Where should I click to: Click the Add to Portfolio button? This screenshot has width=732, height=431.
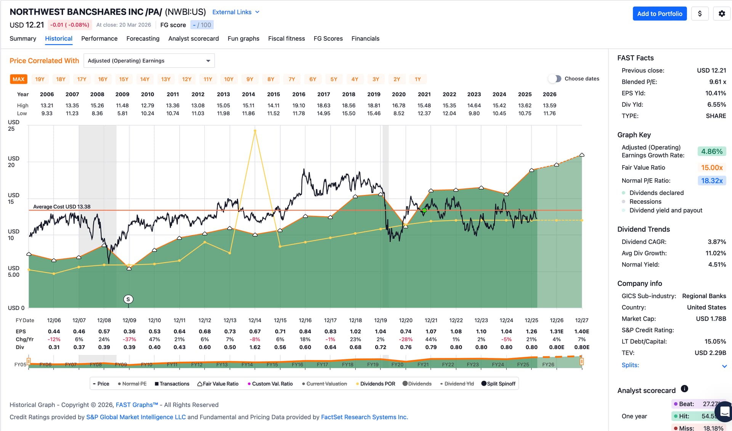click(660, 14)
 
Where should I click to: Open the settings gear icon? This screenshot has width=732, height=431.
click(722, 14)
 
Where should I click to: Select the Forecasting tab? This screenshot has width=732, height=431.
click(143, 38)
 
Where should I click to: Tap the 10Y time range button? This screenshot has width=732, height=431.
click(229, 79)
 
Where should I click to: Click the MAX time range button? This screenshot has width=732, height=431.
click(18, 79)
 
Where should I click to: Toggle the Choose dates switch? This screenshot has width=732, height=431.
click(555, 79)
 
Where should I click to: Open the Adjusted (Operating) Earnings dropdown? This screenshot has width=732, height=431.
click(149, 61)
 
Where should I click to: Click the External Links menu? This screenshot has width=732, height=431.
click(236, 12)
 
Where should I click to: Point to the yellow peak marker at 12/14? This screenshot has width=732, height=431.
click(255, 131)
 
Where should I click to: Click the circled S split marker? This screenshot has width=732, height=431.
click(128, 299)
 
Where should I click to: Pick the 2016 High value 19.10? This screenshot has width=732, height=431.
click(299, 105)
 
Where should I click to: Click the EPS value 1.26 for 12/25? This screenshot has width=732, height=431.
click(531, 332)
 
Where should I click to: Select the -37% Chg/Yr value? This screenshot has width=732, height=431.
click(129, 339)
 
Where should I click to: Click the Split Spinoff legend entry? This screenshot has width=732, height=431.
click(498, 384)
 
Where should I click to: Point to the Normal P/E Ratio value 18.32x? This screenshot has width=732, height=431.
click(712, 180)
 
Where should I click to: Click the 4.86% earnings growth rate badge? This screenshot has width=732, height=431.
click(712, 152)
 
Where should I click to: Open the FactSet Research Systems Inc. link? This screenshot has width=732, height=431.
click(364, 417)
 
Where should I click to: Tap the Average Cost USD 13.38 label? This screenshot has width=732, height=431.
click(62, 207)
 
